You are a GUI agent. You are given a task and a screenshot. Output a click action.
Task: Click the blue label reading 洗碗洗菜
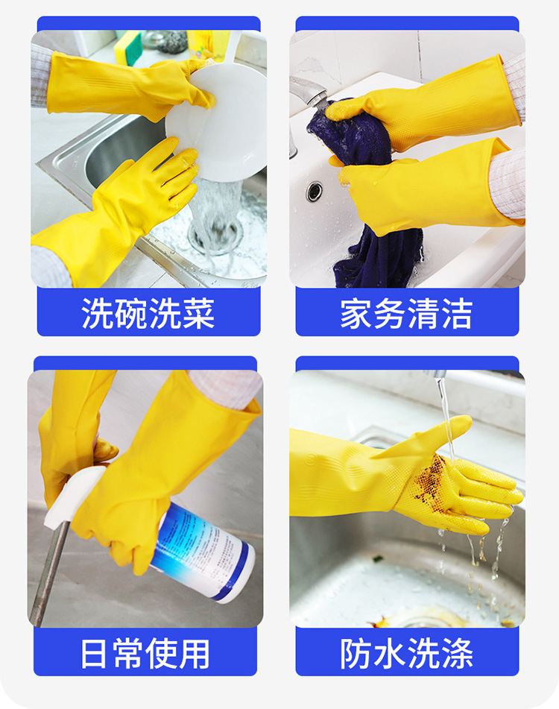pyautogui.click(x=148, y=312)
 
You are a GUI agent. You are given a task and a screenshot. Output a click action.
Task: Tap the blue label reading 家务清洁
pyautogui.click(x=407, y=312)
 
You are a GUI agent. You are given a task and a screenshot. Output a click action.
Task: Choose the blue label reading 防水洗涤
pyautogui.click(x=407, y=652)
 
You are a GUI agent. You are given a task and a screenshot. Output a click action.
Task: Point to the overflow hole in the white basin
pyautogui.click(x=315, y=192)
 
